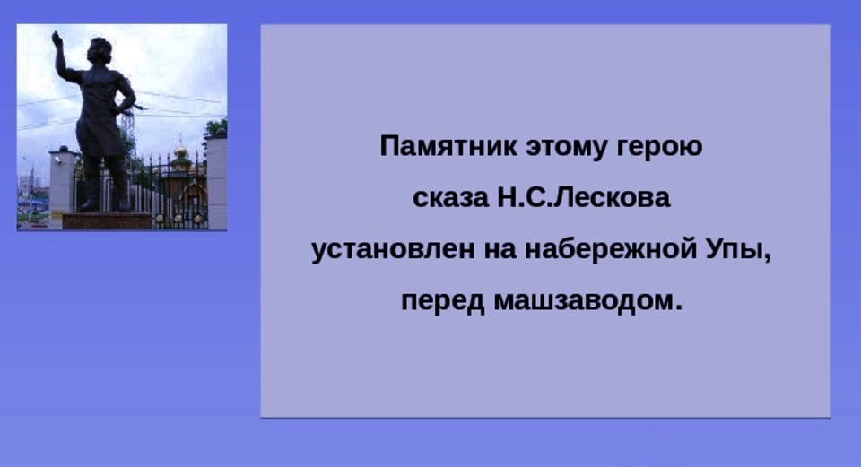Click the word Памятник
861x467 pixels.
coord(448,146)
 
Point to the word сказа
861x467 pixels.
coord(450,198)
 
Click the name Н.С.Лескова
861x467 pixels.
coord(584,197)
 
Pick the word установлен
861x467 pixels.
coord(393,250)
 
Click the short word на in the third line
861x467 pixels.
coord(500,250)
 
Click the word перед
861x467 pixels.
coord(442,301)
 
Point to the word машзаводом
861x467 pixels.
coord(587,301)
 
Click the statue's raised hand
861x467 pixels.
coord(56,39)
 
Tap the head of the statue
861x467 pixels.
coord(100,50)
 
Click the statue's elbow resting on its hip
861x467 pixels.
coord(130,100)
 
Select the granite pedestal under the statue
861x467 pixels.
coord(107,221)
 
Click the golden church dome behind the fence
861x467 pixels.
coord(180,151)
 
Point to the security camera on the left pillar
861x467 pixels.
coord(57,160)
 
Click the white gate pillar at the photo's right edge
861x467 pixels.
coord(217,182)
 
